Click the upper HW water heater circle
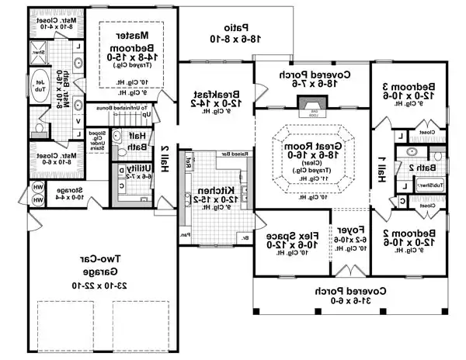[x=38, y=186]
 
